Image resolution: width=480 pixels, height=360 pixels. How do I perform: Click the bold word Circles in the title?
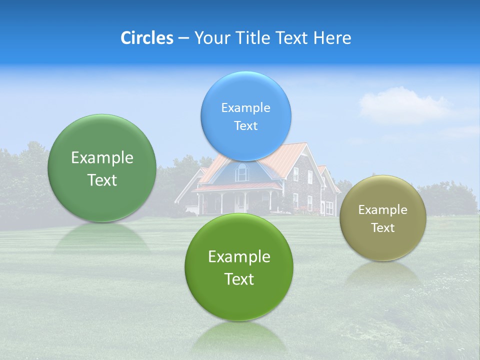[146, 38]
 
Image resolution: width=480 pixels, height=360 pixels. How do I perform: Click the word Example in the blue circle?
[245, 107]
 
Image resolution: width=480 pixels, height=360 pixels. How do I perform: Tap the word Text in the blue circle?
[245, 125]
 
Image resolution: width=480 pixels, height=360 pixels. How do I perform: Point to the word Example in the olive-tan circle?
[383, 209]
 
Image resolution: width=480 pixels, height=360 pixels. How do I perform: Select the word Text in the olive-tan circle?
[383, 227]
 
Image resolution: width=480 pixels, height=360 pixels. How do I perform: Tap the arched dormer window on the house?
[242, 172]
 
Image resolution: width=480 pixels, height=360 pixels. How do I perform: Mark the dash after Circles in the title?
[183, 38]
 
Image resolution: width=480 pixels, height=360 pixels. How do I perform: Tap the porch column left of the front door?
[221, 202]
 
